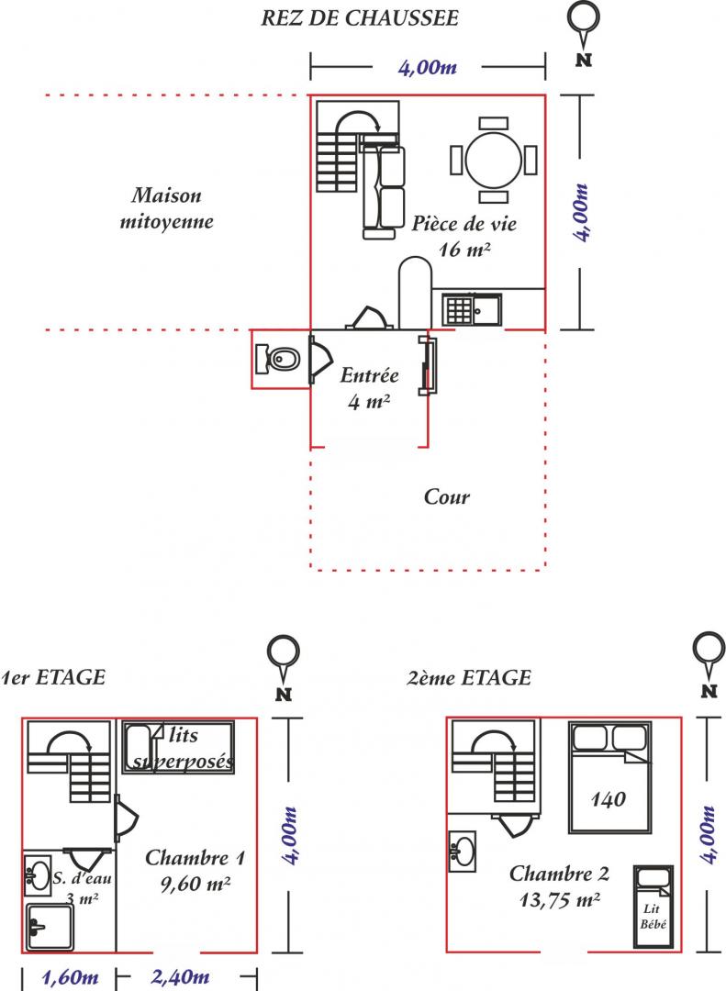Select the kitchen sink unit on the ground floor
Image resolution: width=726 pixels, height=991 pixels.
pos(472,310)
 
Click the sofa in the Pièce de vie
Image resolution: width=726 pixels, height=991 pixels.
pos(384,190)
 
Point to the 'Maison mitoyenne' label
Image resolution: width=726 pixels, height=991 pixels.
pos(166,208)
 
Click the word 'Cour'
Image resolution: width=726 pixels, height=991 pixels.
pos(446,496)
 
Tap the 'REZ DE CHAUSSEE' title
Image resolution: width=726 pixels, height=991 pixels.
pos(360,17)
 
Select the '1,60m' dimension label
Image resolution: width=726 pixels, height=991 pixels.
pos(70,978)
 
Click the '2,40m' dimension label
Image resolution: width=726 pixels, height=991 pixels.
pos(180,977)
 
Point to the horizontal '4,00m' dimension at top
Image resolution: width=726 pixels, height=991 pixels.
pos(427,67)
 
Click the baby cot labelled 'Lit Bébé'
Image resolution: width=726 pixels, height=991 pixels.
pos(653,907)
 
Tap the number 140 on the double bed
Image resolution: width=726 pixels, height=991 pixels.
pos(608,799)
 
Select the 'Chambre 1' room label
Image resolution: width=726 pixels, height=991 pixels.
pos(195,858)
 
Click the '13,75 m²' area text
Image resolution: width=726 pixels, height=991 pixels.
pos(560,899)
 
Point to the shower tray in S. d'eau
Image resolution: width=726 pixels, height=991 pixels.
pos(50,927)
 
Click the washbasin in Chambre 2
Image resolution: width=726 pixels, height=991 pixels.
pos(463,851)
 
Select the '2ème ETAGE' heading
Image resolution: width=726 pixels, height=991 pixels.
pos(469,677)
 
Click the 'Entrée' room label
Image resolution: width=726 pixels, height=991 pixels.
pos(369,375)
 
